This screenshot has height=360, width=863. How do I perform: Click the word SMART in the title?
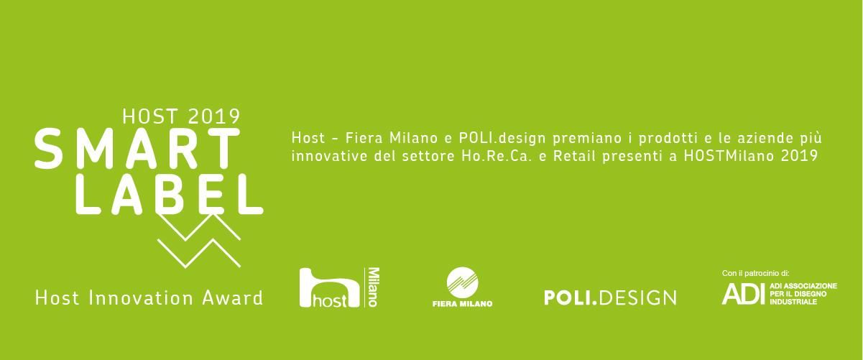pyautogui.click(x=137, y=148)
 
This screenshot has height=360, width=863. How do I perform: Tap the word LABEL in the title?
pyautogui.click(x=170, y=194)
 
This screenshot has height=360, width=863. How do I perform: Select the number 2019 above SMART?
pyautogui.click(x=214, y=116)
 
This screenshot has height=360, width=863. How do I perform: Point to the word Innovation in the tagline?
pyautogui.click(x=141, y=298)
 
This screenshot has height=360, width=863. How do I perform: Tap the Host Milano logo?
pyautogui.click(x=339, y=287)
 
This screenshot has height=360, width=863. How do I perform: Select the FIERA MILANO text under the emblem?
pyautogui.click(x=462, y=304)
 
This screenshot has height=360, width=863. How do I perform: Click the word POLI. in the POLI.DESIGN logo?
pyautogui.click(x=571, y=298)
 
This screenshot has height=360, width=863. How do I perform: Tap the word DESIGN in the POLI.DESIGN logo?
pyautogui.click(x=637, y=298)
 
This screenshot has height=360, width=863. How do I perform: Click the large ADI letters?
pyautogui.click(x=743, y=294)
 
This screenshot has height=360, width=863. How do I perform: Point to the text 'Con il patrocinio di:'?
pyautogui.click(x=755, y=273)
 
